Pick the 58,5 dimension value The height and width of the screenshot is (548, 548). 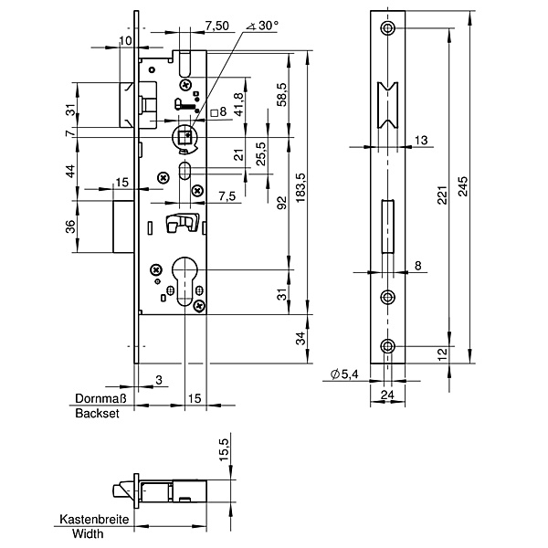coord(282,94)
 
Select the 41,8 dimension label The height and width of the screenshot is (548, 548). coord(239,103)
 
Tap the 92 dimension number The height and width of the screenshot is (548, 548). coord(282,203)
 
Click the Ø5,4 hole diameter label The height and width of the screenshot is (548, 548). coord(344,374)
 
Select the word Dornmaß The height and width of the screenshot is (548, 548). coord(99,399)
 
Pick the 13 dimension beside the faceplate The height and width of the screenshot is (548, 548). coord(420,140)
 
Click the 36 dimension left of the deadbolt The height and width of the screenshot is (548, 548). coord(70,227)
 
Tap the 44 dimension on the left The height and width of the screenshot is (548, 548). coord(70,172)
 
